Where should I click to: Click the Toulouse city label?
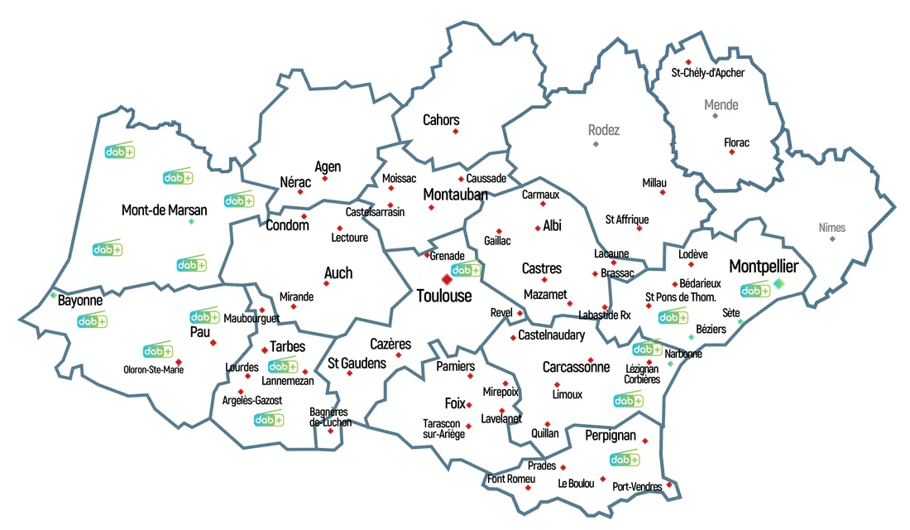pos(443,296)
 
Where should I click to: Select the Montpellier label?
pos(764,267)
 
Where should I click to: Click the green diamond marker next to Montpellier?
pos(778,284)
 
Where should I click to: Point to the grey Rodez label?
pos(603,130)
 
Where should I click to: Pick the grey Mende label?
pos(721,105)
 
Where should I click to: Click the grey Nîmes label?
pos(832,227)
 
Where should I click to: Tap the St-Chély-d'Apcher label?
pos(707,73)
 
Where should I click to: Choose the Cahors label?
pos(441,120)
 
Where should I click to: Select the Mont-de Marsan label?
pos(164,210)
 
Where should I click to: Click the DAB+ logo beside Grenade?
pos(467,269)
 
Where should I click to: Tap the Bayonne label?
pos(80,300)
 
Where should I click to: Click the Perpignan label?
pos(611,435)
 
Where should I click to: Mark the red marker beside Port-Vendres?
pos(670,483)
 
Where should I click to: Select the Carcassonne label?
pos(576,367)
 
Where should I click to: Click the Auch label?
pos(338,272)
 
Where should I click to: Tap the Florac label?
pos(736,142)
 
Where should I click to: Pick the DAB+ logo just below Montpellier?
pos(754,291)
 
